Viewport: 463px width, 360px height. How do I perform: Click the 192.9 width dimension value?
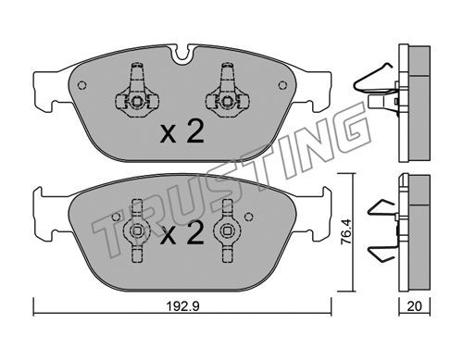point(183,306)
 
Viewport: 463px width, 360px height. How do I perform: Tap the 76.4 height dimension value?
point(345,232)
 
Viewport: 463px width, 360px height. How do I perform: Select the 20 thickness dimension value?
point(414,306)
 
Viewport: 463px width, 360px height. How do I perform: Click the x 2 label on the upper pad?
point(182,132)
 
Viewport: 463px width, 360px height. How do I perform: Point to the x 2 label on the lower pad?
point(182,233)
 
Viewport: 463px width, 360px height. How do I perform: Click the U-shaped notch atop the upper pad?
point(182,55)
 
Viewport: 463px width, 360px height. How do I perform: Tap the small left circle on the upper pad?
point(82,85)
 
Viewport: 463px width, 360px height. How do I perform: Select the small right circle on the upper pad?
point(282,85)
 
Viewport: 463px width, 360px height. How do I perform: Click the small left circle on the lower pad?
point(116,217)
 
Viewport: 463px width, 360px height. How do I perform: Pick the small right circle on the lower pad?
point(248,217)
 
